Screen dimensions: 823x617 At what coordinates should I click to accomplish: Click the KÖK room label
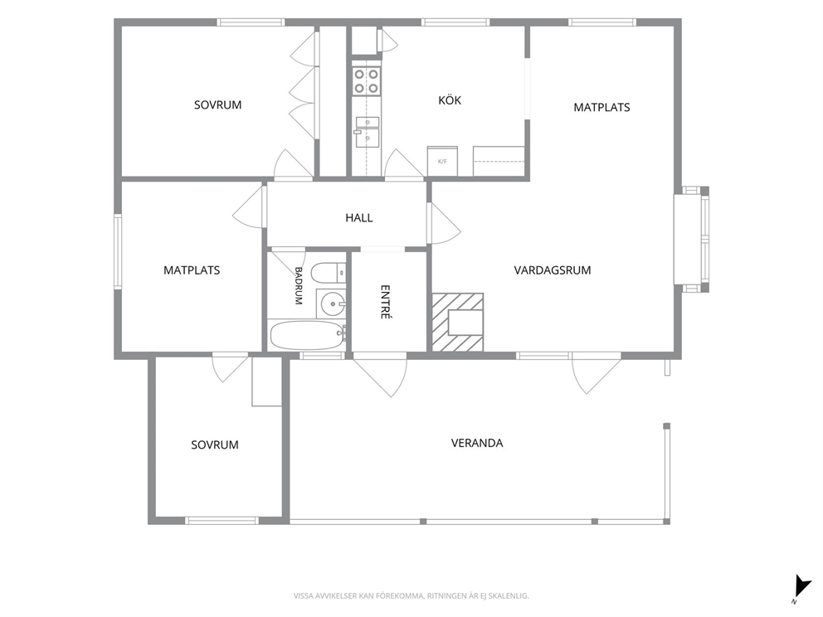click(x=450, y=100)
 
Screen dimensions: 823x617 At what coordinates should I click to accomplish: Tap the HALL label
click(x=359, y=218)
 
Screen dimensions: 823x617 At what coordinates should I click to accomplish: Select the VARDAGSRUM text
click(x=553, y=270)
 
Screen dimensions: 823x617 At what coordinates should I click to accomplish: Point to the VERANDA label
click(x=477, y=443)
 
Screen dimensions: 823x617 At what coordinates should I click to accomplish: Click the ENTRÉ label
click(x=386, y=302)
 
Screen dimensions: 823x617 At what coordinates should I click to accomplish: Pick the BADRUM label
click(x=299, y=286)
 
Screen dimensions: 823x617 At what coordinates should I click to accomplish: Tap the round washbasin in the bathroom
click(x=332, y=303)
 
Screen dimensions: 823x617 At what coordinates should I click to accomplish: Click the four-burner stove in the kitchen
click(x=367, y=81)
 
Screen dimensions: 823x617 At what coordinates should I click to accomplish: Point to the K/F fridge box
click(x=442, y=161)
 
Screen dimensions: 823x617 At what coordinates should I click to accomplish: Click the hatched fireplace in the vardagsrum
click(x=457, y=322)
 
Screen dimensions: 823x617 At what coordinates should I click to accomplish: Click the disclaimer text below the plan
click(x=411, y=596)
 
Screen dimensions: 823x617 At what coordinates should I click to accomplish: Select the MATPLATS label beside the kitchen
click(x=601, y=108)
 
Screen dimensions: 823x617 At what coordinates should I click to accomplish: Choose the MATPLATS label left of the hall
click(x=192, y=270)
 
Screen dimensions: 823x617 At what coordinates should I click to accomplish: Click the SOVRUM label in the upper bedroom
click(x=218, y=105)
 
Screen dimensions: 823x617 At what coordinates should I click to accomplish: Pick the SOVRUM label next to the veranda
click(x=215, y=445)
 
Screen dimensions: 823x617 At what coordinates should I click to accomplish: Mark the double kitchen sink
click(x=368, y=132)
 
